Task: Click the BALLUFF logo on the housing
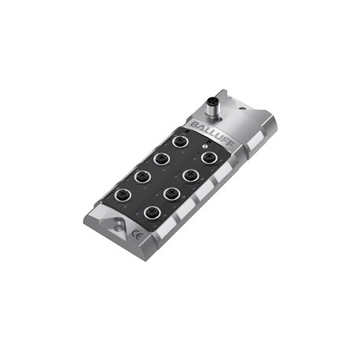pos(212,134)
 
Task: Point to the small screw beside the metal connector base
pos(220,119)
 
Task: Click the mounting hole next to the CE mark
pos(118,227)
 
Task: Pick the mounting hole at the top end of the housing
pos(242,108)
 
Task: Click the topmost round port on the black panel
pos(180,141)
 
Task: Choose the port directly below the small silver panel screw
pos(209,157)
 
